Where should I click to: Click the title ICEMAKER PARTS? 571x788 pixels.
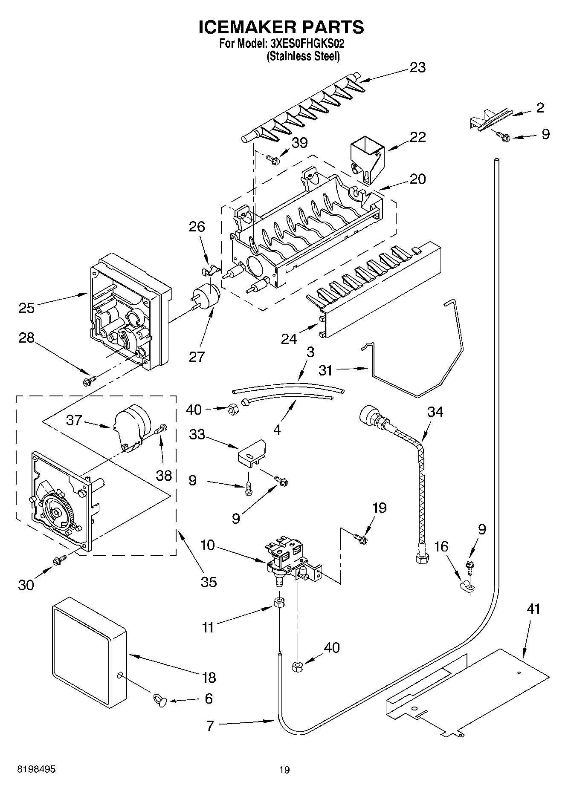point(281,26)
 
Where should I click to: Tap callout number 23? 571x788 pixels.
point(417,67)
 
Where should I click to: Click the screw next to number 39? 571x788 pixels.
point(272,160)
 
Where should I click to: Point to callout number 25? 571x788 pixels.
point(26,307)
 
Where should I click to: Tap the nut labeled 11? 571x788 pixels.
point(279,603)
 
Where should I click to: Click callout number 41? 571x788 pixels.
point(533,609)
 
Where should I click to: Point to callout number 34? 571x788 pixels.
point(435,412)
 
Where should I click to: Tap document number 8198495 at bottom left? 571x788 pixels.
point(36,769)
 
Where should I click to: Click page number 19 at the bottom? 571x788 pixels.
point(284,770)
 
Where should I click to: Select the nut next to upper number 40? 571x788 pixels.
point(233,410)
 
